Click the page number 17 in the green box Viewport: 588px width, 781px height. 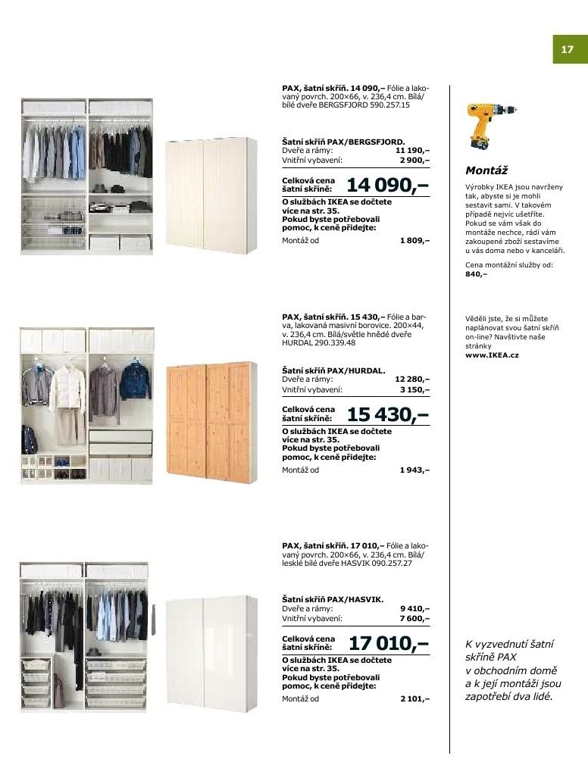(x=567, y=50)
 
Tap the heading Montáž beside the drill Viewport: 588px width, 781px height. (x=486, y=171)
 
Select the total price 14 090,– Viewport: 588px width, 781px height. (x=387, y=185)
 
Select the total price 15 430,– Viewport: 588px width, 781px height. (x=387, y=414)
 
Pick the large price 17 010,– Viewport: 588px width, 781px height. (x=388, y=643)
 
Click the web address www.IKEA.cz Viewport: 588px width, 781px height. (x=492, y=355)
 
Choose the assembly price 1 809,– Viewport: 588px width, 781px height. (x=414, y=241)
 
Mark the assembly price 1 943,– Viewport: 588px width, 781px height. (x=414, y=470)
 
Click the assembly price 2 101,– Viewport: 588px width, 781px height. (x=414, y=699)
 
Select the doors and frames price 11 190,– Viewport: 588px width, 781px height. (x=412, y=151)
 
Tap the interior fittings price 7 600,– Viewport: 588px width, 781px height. (x=414, y=618)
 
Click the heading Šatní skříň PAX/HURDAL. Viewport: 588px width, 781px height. (x=334, y=370)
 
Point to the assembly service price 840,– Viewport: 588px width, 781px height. (x=476, y=274)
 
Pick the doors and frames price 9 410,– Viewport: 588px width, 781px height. (x=414, y=608)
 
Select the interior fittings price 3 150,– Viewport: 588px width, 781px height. (x=414, y=389)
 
